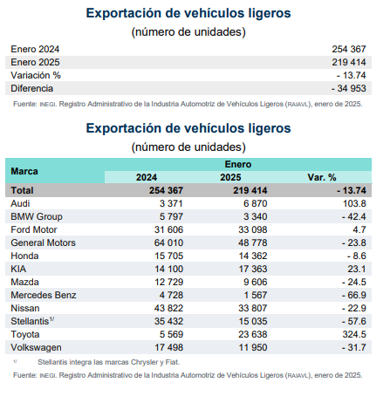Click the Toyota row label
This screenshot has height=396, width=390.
(x=25, y=334)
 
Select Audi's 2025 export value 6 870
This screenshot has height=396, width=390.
(x=256, y=203)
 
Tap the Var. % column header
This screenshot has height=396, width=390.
(x=322, y=177)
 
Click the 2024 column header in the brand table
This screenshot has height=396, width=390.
(x=147, y=177)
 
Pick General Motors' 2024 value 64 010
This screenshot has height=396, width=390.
(x=168, y=242)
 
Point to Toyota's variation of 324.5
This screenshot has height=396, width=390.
(x=354, y=334)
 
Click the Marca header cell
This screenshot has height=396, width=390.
(x=24, y=171)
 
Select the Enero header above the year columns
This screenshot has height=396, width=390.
(x=238, y=164)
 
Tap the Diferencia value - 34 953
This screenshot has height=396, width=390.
(x=348, y=88)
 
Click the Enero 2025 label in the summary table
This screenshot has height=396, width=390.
(x=35, y=62)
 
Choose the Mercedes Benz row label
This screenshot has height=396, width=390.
(x=44, y=295)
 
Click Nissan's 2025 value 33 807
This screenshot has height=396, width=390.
(x=253, y=308)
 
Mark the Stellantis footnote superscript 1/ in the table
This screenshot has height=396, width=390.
(x=51, y=319)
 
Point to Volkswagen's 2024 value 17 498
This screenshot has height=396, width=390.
(x=168, y=347)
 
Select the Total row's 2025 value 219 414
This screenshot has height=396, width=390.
(x=250, y=190)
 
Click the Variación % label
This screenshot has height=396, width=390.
(x=36, y=75)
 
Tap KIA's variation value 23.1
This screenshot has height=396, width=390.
(x=357, y=269)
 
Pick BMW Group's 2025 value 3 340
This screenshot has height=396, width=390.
(x=256, y=216)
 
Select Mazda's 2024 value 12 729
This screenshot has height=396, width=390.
(x=168, y=282)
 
